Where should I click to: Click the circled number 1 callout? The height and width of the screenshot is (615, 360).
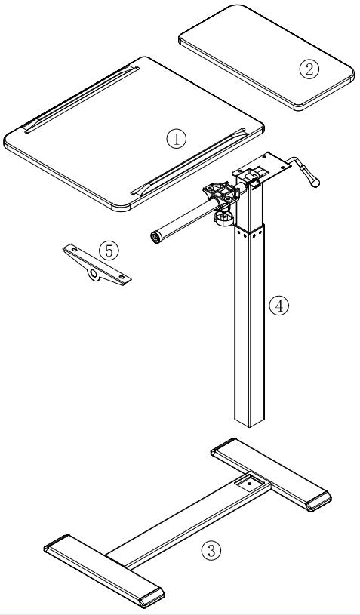[176, 137]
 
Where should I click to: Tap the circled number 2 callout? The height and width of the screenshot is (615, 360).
[309, 69]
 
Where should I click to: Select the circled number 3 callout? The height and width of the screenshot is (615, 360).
[214, 550]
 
